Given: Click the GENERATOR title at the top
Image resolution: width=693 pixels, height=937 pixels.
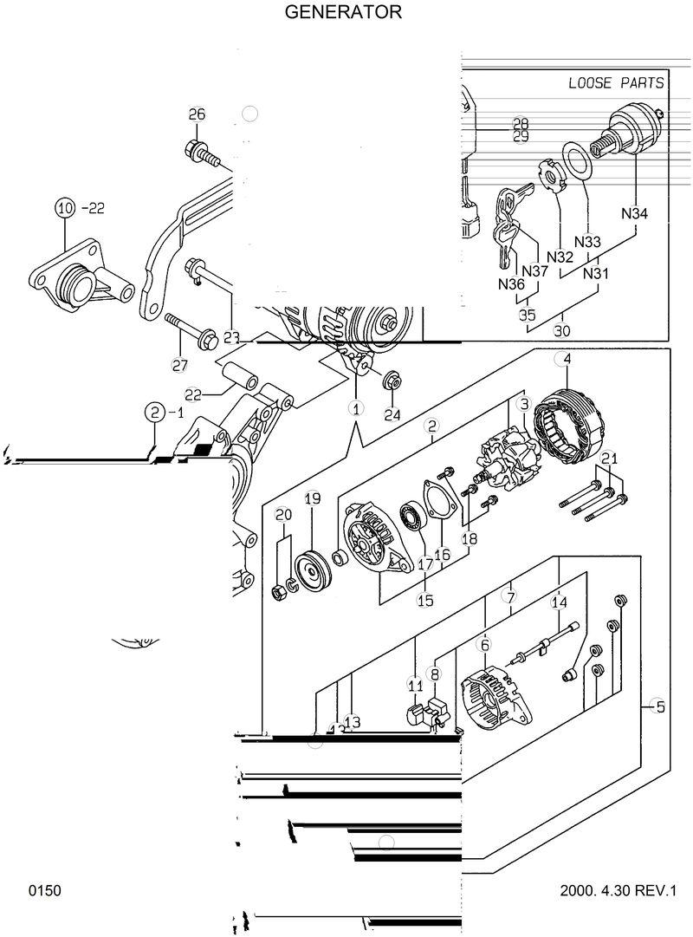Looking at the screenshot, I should pos(343,12).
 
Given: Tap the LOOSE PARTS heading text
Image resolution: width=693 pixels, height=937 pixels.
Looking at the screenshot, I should pos(616,83).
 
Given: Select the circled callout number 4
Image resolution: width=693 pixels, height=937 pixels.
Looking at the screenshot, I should pos(566,359).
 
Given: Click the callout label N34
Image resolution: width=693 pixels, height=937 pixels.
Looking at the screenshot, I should pos(636,213).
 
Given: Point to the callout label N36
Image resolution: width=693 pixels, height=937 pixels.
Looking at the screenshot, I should pos(511,283).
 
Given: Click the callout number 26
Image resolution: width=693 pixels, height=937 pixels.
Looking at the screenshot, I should pos(197,114).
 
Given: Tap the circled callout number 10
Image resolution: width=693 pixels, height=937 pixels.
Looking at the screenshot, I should pos(66,207).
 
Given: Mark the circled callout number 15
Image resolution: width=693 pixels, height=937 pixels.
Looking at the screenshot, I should pos(425,599).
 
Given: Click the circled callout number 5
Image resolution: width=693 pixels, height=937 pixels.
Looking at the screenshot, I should pos(659,707).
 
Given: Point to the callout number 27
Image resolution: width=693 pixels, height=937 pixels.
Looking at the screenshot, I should pos(179,365).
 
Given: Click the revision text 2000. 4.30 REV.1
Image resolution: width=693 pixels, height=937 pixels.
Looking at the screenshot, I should pos(617,890).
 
